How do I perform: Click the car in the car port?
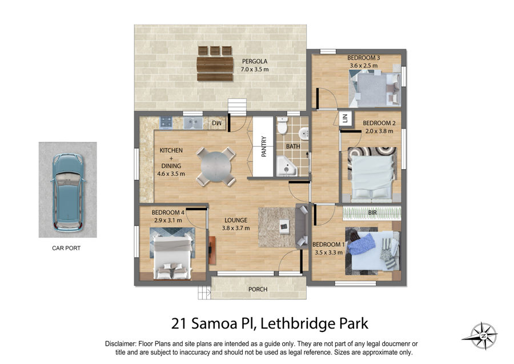(x=68, y=193)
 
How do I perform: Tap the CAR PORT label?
(x=66, y=248)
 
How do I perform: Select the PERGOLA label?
(x=255, y=61)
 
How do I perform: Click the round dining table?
(x=216, y=167)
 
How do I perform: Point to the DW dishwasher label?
(x=216, y=123)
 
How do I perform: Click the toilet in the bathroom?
(x=282, y=125)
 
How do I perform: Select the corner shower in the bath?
(x=287, y=166)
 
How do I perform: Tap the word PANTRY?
(x=263, y=147)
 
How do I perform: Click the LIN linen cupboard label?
(x=345, y=118)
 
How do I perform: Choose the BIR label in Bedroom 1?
(x=372, y=213)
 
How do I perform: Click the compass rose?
(x=483, y=336)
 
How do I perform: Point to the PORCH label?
(x=258, y=289)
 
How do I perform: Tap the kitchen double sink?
(x=192, y=123)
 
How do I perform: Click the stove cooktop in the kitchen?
(x=166, y=123)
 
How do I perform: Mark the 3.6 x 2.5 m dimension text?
(x=364, y=66)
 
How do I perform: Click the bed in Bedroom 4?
(x=172, y=257)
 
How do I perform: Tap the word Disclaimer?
(x=120, y=344)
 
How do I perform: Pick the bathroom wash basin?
(x=304, y=134)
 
